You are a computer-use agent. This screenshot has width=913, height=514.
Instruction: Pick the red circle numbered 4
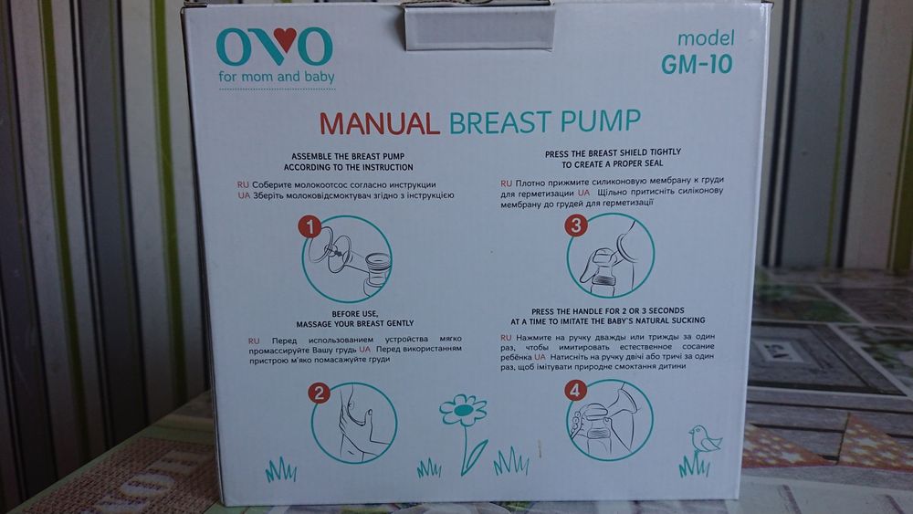click(x=574, y=391)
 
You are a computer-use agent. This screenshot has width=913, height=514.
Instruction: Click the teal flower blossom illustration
click(x=463, y=410)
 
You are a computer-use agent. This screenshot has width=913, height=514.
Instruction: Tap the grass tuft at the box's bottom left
click(x=280, y=470)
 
